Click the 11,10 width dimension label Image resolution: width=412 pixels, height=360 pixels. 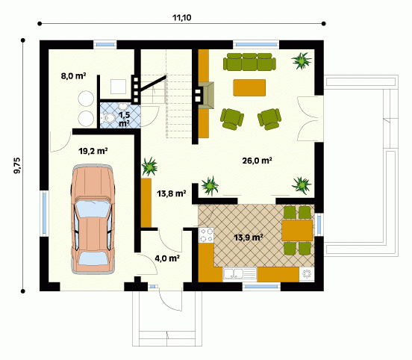click(181, 18)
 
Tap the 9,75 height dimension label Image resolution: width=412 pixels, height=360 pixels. click(17, 165)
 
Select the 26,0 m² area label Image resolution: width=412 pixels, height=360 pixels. click(257, 161)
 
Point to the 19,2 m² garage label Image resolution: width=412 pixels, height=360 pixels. click(93, 151)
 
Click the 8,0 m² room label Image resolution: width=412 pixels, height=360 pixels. click(73, 76)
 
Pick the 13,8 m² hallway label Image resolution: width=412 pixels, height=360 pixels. click(172, 193)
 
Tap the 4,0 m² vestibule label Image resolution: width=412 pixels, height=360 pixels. click(167, 258)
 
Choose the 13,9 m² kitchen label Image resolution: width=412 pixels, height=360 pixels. click(249, 238)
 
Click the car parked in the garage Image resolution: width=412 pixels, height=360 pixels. click(93, 220)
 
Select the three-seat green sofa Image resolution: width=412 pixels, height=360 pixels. click(249, 62)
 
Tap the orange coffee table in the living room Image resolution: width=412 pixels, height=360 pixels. click(249, 87)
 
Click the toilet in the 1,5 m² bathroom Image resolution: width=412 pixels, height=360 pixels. click(109, 117)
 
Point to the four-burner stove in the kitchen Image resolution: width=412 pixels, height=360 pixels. click(206, 235)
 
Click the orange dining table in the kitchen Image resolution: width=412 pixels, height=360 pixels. click(297, 231)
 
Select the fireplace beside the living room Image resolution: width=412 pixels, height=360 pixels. click(206, 95)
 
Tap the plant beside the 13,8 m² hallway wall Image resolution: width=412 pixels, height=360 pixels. click(149, 167)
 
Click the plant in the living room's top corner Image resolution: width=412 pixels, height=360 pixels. click(302, 60)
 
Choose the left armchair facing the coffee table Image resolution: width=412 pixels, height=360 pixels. click(232, 119)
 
